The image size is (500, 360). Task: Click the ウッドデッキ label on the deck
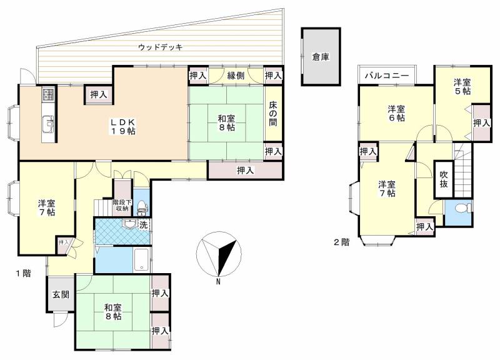[160, 47]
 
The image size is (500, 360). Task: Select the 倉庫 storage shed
[321, 57]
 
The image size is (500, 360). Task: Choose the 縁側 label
[235, 76]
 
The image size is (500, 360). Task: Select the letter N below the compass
[217, 281]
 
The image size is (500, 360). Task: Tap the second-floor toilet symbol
[462, 209]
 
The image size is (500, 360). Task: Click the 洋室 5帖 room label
[461, 86]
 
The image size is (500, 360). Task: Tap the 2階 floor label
[341, 242]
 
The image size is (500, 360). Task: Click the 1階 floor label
[23, 272]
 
